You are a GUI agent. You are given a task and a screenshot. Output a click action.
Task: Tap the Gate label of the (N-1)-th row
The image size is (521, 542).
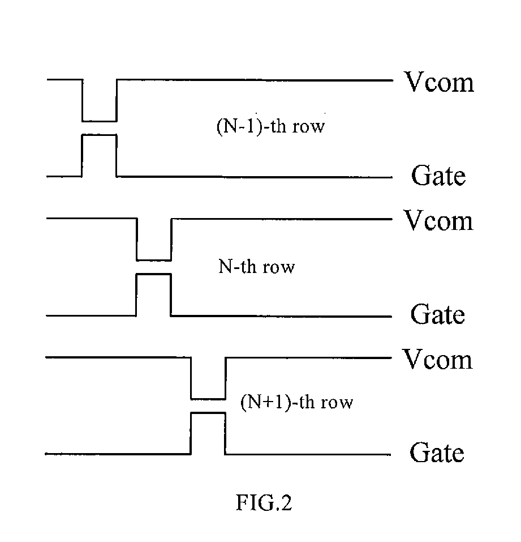point(438,175)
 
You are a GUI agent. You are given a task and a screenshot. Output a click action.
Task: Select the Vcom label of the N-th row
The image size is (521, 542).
point(438,220)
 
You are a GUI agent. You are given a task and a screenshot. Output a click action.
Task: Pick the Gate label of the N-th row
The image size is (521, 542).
point(438,314)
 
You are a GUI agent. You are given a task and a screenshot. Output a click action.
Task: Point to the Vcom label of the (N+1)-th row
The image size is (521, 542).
point(438,359)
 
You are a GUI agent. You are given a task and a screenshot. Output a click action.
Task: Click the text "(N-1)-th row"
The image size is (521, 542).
point(271,126)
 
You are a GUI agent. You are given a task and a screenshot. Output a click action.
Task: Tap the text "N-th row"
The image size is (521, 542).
point(256,267)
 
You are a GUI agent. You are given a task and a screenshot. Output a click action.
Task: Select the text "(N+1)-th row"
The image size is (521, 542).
point(296,402)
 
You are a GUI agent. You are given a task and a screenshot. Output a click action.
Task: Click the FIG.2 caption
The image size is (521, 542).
point(264,502)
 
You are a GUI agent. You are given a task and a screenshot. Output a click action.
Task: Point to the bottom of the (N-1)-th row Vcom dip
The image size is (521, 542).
point(100,121)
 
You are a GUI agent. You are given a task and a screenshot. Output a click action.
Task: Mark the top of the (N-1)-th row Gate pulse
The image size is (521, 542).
point(100,135)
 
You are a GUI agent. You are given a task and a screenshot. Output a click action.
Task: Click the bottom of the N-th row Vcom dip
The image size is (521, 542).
point(154,260)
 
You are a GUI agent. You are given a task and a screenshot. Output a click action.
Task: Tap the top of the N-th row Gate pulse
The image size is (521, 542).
point(154,274)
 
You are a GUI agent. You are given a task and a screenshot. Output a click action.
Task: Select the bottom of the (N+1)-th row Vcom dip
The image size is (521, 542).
point(208,399)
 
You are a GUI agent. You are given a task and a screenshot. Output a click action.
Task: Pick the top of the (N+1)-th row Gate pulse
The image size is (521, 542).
point(208,413)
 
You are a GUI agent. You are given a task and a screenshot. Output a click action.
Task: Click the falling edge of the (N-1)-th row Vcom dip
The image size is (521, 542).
point(83,101)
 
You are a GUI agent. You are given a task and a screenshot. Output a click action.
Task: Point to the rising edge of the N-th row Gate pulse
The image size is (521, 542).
point(136,295)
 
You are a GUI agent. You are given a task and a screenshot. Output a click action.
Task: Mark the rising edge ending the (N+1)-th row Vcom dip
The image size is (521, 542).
point(226,378)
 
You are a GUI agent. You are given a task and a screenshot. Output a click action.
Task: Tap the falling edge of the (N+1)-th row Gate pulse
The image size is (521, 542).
point(225,433)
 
